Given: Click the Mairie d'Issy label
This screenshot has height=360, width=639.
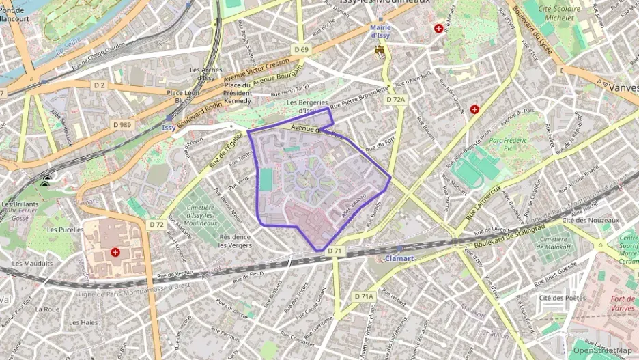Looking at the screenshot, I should pos(380,31).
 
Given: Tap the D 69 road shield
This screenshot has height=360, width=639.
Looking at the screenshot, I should pos(302,49).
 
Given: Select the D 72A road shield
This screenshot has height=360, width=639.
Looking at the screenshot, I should pos(395,100).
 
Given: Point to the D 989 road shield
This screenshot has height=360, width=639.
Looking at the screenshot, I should pos(122,124).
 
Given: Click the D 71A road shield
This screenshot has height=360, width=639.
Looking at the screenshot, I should pos(364,296).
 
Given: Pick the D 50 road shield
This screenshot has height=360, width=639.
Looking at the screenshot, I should pos(601,83).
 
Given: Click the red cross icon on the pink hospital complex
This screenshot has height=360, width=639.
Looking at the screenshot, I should pos(115,252).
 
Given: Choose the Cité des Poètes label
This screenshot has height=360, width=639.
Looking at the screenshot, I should pos(563,298).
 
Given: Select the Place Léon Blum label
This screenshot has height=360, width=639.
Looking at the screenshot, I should pos(184,96).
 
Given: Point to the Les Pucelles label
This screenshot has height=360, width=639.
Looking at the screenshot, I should pos(60,230).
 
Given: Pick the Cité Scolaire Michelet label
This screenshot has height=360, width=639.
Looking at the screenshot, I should pos(556,14).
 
